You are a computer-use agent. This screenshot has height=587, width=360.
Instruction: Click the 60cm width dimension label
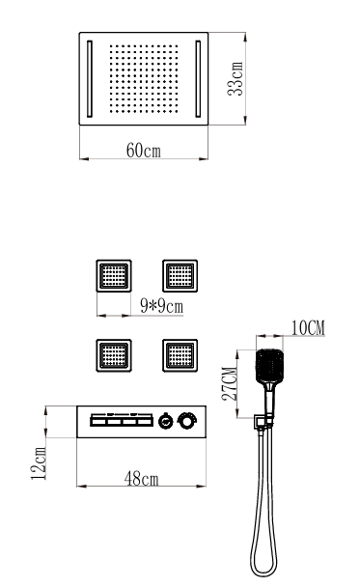(x=144, y=151)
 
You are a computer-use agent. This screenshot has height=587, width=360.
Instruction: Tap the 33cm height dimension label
(x=235, y=79)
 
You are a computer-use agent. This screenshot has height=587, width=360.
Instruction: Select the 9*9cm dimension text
(x=162, y=307)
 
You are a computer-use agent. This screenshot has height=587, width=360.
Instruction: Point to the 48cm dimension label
(x=142, y=479)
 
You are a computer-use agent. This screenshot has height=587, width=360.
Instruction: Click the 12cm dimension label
(x=39, y=462)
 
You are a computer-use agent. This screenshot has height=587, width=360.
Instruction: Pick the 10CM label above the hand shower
(x=308, y=328)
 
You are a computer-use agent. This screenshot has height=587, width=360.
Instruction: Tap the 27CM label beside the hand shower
(x=230, y=384)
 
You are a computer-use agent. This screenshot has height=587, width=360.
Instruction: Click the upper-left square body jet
(x=114, y=275)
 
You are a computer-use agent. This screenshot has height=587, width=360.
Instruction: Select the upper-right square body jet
(x=180, y=275)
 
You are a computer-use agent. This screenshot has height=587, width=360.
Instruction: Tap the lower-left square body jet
(x=114, y=355)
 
